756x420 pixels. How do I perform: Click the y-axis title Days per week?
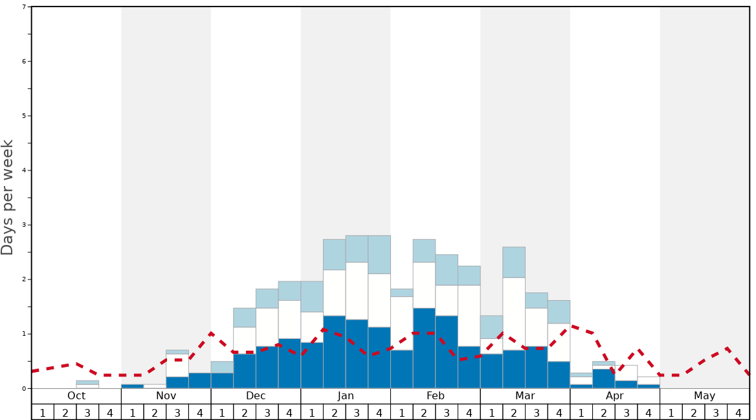pyautogui.click(x=8, y=197)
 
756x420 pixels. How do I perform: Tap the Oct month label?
pyautogui.click(x=76, y=396)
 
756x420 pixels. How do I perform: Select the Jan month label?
pyautogui.click(x=346, y=396)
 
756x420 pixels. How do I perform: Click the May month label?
pyautogui.click(x=705, y=396)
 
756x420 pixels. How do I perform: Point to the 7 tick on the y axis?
pyautogui.click(x=24, y=7)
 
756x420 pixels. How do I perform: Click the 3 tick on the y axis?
pyautogui.click(x=24, y=225)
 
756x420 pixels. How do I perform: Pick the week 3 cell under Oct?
pyautogui.click(x=87, y=412)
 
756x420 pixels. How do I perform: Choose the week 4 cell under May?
pyautogui.click(x=739, y=412)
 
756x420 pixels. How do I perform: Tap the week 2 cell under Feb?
pyautogui.click(x=424, y=412)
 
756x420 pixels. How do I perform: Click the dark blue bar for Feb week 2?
pyautogui.click(x=424, y=348)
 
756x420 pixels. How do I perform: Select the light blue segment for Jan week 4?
pyautogui.click(x=379, y=255)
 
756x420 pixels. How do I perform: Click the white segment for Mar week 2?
pyautogui.click(x=514, y=314)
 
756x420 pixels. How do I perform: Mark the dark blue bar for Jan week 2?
pyautogui.click(x=334, y=352)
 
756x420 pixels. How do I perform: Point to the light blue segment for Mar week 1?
pyautogui.click(x=491, y=327)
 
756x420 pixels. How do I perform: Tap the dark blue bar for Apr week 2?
pyautogui.click(x=603, y=379)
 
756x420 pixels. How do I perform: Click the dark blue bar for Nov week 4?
pyautogui.click(x=199, y=380)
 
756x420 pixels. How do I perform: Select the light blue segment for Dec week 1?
pyautogui.click(x=222, y=367)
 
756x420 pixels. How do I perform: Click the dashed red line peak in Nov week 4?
pyautogui.click(x=211, y=333)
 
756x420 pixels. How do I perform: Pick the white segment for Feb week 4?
pyautogui.click(x=469, y=316)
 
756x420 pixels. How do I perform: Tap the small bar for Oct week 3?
pyautogui.click(x=87, y=384)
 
